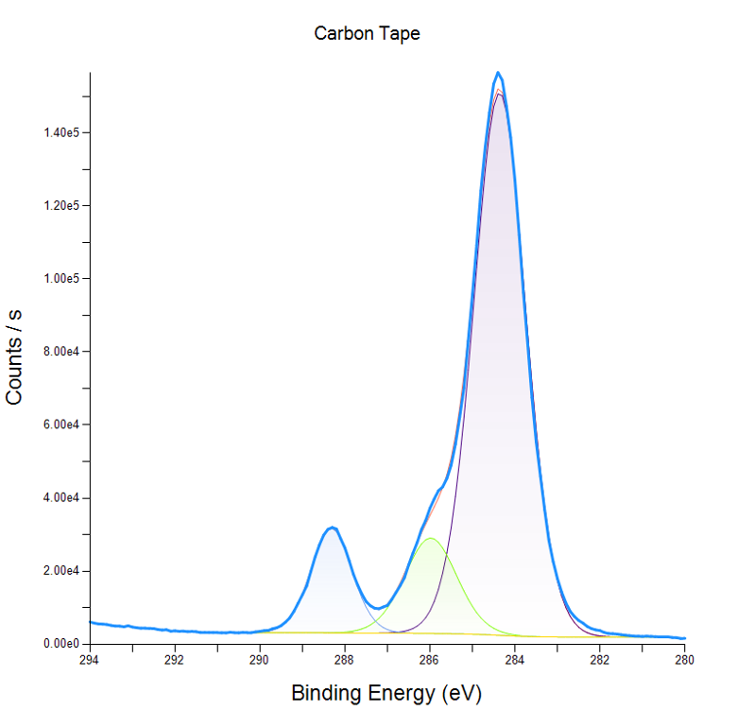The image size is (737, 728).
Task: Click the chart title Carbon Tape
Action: click(x=367, y=33)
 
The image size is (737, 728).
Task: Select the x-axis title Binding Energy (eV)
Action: click(x=386, y=693)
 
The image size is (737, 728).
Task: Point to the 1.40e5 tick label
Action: click(x=60, y=132)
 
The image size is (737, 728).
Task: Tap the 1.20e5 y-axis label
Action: click(x=60, y=205)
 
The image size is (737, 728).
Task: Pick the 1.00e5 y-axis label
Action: click(x=60, y=279)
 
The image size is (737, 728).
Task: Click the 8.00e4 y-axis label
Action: click(x=60, y=352)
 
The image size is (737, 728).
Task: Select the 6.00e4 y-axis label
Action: click(x=60, y=425)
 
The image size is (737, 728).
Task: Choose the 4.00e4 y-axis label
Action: click(x=60, y=497)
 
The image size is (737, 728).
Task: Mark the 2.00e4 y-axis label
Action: click(x=60, y=571)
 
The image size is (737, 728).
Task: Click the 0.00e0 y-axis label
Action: click(x=60, y=644)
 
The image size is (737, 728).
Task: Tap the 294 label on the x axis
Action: click(x=90, y=660)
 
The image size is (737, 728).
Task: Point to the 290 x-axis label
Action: click(x=260, y=660)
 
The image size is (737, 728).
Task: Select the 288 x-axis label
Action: click(x=344, y=660)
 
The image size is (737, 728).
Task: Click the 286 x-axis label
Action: click(x=429, y=660)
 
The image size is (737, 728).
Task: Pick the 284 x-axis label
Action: click(x=514, y=660)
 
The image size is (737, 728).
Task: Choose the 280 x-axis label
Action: click(x=684, y=660)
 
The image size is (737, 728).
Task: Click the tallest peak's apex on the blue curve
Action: click(x=498, y=72)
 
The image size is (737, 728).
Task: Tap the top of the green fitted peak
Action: click(x=431, y=539)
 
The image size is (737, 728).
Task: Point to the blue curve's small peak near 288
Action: click(x=332, y=528)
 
